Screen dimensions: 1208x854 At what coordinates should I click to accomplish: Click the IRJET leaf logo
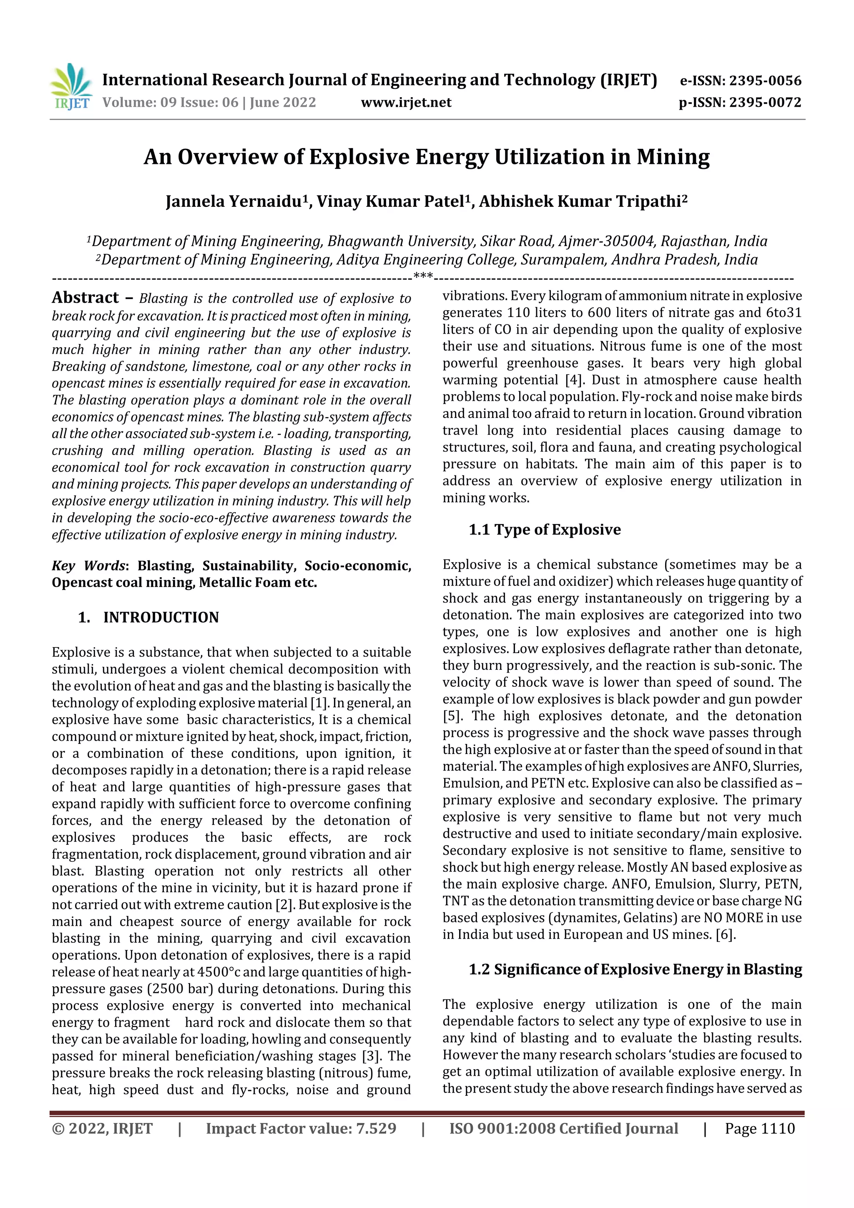point(71,86)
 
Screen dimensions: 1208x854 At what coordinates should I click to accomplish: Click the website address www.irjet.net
point(406,102)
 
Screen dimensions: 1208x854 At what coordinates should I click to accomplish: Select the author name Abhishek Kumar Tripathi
point(583,201)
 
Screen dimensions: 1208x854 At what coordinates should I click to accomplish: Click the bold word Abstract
point(85,298)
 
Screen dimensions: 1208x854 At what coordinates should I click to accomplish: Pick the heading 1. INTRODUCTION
point(148,617)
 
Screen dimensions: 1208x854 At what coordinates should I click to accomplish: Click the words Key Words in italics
point(88,565)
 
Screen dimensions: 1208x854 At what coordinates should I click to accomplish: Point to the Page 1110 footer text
point(759,1128)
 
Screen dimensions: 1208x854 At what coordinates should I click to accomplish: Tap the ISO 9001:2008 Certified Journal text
point(563,1128)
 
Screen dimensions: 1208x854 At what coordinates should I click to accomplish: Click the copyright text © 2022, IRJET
point(102,1128)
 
